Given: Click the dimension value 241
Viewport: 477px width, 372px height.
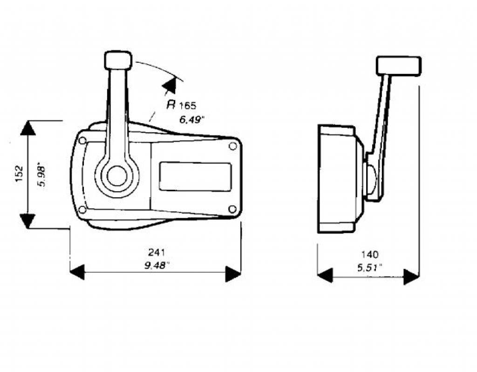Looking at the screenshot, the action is click(x=157, y=252).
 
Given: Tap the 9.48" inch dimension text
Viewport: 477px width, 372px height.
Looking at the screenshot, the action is click(x=157, y=266).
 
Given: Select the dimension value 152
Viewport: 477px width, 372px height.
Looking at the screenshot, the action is click(x=19, y=174).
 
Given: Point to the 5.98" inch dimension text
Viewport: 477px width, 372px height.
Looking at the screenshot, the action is click(x=41, y=176).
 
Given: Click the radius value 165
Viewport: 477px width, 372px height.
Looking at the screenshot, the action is click(x=187, y=106).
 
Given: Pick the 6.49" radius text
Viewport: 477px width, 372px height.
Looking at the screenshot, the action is click(x=191, y=120).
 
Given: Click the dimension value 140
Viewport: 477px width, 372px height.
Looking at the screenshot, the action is click(x=370, y=254).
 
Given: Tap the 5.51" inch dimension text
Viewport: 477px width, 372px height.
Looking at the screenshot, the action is click(x=369, y=268).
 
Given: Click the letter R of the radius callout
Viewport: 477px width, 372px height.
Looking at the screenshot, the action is click(x=171, y=105).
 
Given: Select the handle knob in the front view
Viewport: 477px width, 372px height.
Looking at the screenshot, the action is click(x=118, y=60).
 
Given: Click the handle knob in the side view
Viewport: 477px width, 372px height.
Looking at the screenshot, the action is click(x=399, y=65).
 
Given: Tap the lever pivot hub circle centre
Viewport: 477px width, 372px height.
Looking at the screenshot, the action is click(x=117, y=176).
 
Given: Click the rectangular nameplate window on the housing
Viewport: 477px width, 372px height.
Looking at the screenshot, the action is click(x=195, y=177).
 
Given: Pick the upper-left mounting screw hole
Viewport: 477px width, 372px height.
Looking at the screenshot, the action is click(x=82, y=140).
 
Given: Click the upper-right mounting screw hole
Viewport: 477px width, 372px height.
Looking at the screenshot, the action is click(x=233, y=146).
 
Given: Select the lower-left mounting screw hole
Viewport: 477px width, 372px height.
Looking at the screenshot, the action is click(x=82, y=210).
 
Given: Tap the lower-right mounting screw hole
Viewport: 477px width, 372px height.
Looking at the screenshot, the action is click(x=232, y=209).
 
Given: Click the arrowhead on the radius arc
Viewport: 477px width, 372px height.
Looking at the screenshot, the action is click(x=170, y=85).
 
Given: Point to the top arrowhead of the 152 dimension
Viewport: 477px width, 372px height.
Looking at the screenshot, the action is click(x=27, y=128).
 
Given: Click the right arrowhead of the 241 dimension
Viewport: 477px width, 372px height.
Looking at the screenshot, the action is click(x=233, y=273).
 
